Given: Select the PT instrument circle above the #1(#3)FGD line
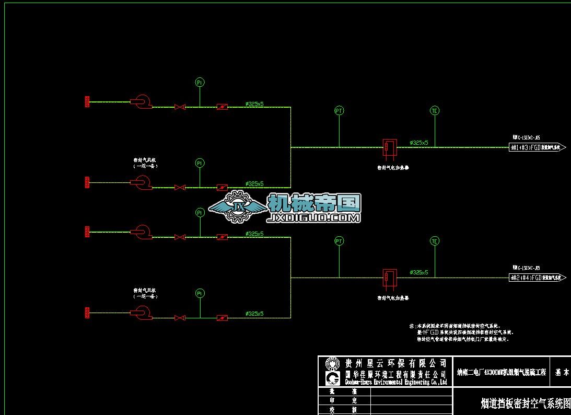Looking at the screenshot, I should click(339, 111).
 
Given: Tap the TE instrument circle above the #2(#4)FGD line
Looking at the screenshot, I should click(435, 241).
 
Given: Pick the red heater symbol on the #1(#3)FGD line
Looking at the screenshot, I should click(389, 147).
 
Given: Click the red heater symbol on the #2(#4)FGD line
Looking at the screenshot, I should click(389, 277).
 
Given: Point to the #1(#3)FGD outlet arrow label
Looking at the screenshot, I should click(538, 147).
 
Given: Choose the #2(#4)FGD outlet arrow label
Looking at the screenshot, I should click(538, 278).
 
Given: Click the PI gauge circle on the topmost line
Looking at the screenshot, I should click(200, 82).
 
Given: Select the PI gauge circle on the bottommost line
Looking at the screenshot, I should click(200, 294).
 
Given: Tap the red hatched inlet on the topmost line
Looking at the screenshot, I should click(87, 101).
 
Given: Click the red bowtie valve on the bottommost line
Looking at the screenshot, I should click(180, 318).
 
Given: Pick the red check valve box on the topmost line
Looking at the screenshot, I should click(222, 107).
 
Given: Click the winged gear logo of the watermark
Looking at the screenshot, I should click(238, 208).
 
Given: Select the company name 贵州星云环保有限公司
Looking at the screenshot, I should click(397, 363).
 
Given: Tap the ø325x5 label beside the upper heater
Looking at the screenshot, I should click(419, 142).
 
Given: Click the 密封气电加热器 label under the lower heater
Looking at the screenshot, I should click(393, 298).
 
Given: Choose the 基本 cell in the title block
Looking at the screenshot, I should click(562, 372).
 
